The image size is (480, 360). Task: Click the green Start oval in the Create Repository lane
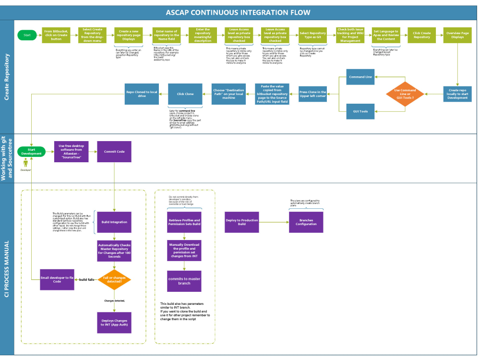pyautogui.click(x=27, y=35)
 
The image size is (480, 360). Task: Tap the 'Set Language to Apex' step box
pyautogui.click(x=386, y=35)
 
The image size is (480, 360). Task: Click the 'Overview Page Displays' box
pyautogui.click(x=457, y=35)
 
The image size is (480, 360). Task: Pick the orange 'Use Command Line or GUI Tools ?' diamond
pyautogui.click(x=405, y=93)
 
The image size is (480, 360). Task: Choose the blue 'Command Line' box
pyautogui.click(x=360, y=77)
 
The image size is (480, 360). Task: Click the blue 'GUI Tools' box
pyautogui.click(x=360, y=111)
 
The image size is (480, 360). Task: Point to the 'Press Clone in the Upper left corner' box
pyautogui.click(x=312, y=94)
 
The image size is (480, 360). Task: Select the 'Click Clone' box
pyautogui.click(x=185, y=94)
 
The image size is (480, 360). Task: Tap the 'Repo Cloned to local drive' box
pyautogui.click(x=142, y=94)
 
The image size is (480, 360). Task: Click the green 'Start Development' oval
pyautogui.click(x=31, y=152)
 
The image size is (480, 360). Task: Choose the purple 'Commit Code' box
pyautogui.click(x=114, y=152)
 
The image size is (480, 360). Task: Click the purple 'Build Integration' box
pyautogui.click(x=114, y=222)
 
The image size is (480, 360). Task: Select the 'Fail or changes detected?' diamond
pyautogui.click(x=114, y=279)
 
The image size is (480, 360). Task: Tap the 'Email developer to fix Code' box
pyautogui.click(x=57, y=279)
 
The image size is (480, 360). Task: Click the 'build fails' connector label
pyautogui.click(x=86, y=279)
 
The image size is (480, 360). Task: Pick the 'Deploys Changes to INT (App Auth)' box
pyautogui.click(x=114, y=322)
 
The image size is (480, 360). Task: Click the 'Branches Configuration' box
pyautogui.click(x=306, y=222)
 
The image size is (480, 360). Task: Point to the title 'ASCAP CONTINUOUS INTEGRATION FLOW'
pyautogui.click(x=238, y=12)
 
